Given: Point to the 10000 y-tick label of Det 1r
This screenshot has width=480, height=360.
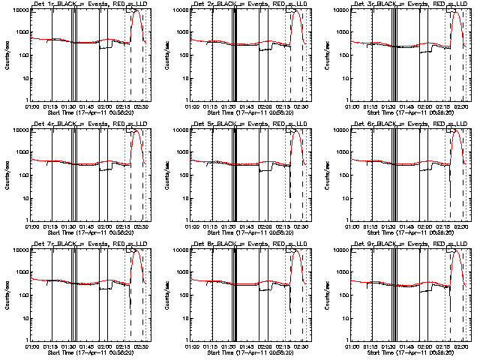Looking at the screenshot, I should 18,10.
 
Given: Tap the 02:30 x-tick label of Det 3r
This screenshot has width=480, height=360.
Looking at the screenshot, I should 461,106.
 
